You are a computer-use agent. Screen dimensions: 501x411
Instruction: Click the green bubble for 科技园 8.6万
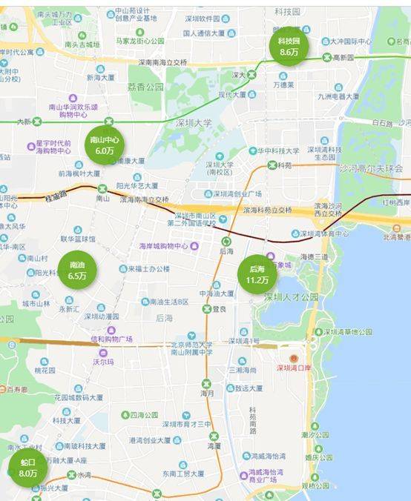coord(288,47)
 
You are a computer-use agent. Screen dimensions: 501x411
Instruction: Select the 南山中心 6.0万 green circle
coord(103,145)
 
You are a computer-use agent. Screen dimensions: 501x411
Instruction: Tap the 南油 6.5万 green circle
coord(77,271)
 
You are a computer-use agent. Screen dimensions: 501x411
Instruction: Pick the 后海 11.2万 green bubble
coord(257,273)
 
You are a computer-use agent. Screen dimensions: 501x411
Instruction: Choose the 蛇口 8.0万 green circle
coord(28,468)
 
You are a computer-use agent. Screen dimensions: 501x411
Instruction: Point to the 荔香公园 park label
coord(145,87)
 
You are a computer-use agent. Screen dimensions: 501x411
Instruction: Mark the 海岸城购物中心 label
coord(164,246)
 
